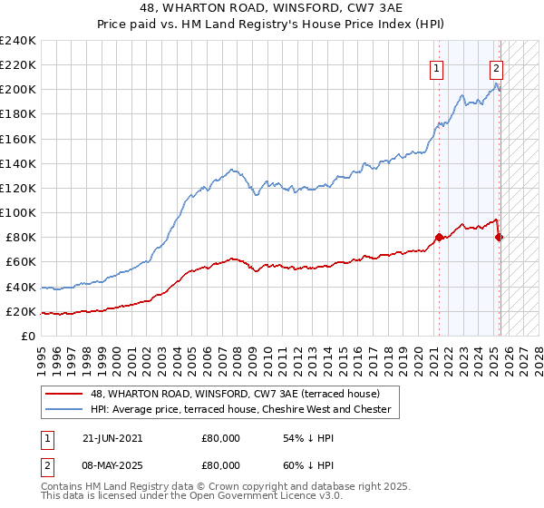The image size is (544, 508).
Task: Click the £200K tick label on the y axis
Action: (x=18, y=90)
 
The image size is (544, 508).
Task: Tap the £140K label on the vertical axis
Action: (x=18, y=163)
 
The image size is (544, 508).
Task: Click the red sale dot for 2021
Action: (x=440, y=238)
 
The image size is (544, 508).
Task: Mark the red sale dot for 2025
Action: (x=499, y=238)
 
